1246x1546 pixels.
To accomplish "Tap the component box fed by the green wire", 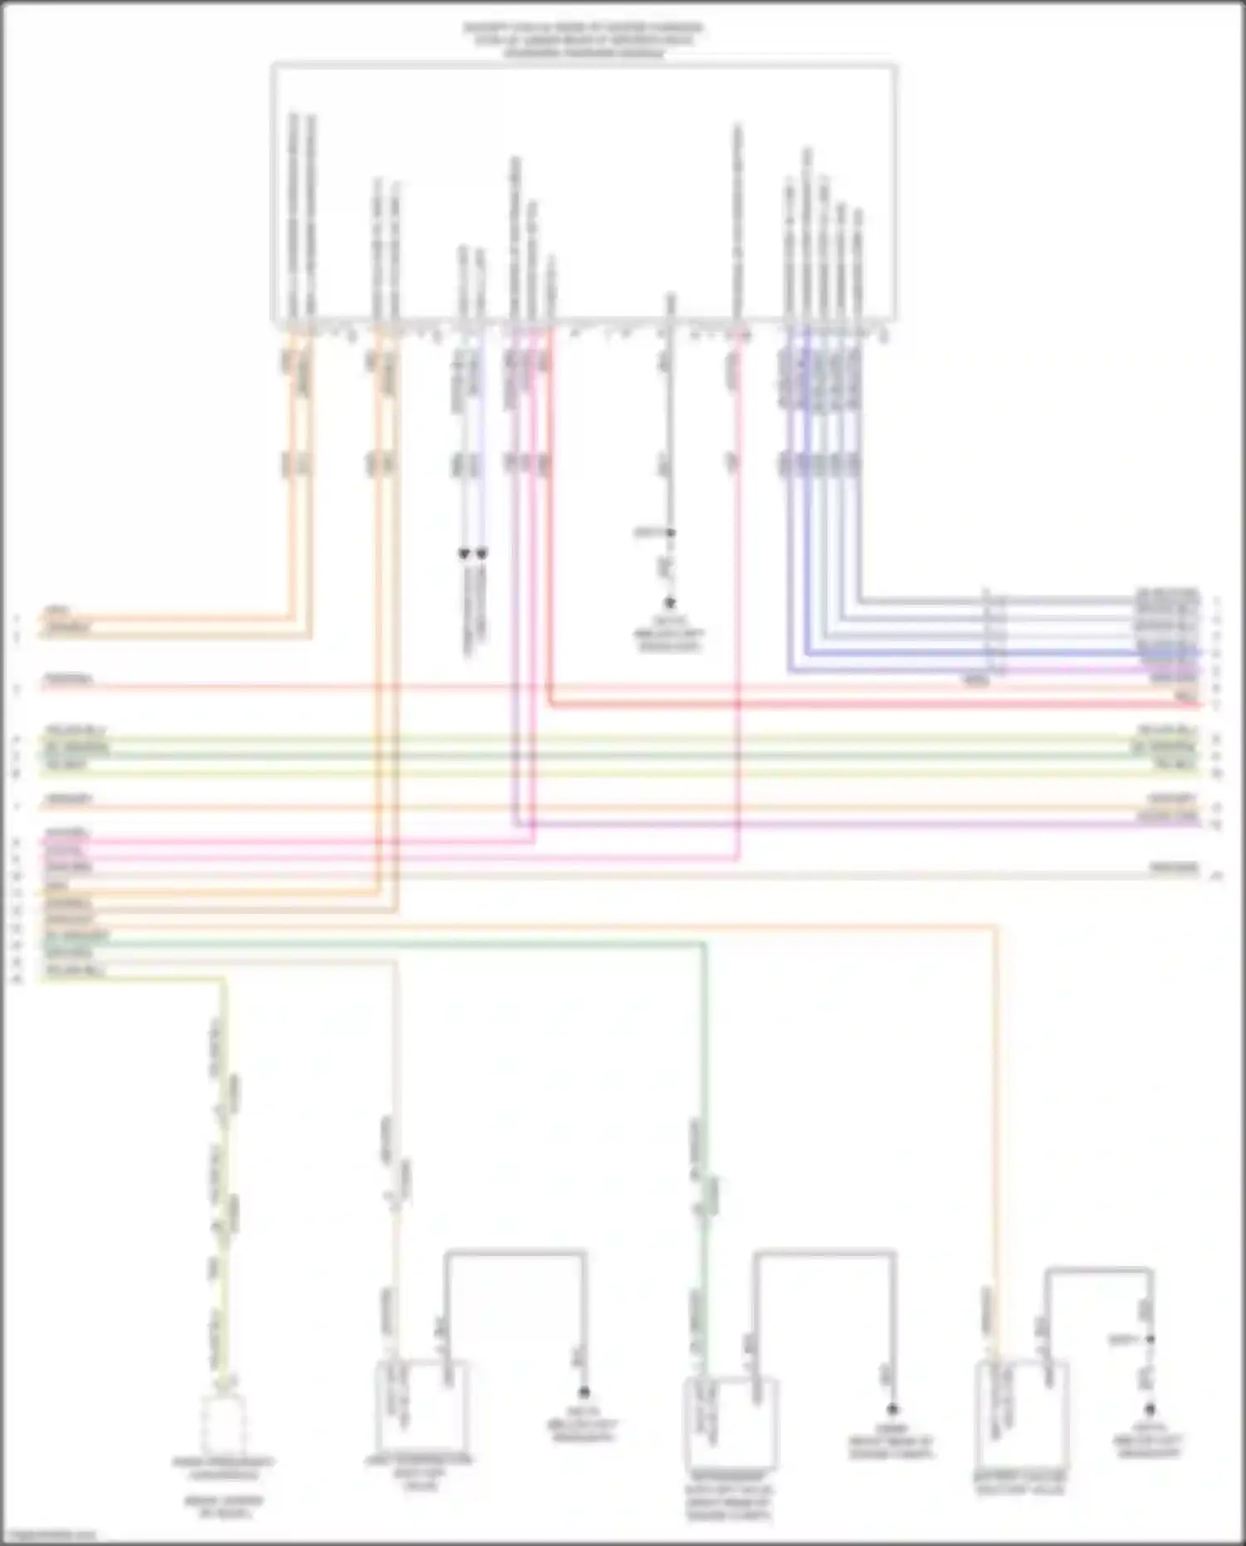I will click(729, 1421).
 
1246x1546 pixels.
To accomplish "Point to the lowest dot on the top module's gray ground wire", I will click(670, 602).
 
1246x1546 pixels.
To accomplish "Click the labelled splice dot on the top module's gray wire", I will click(670, 533).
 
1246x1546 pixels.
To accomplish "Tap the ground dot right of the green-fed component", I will click(892, 1409).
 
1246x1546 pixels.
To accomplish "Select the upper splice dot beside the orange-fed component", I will click(1150, 1339).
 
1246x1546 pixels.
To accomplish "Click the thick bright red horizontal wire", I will click(872, 705).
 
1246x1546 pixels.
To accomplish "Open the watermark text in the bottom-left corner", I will click(50, 1535).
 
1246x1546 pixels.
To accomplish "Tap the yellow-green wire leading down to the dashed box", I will click(223, 1163).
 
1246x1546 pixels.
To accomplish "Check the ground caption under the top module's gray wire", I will click(670, 640).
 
